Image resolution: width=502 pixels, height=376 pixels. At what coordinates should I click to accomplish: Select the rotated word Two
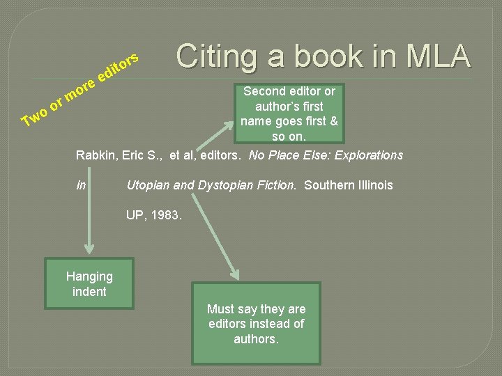[x=36, y=115]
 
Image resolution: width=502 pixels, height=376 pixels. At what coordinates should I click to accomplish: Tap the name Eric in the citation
[x=135, y=155]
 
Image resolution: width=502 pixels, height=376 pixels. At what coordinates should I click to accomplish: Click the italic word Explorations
[x=369, y=155]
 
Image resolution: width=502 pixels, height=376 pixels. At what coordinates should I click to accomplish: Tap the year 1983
[x=167, y=216]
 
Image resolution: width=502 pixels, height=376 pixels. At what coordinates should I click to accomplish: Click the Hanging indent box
[x=89, y=284]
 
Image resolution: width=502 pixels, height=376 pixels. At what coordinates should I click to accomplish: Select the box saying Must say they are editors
[x=256, y=323]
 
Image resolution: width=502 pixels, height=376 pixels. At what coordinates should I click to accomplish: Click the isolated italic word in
[x=81, y=185]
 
